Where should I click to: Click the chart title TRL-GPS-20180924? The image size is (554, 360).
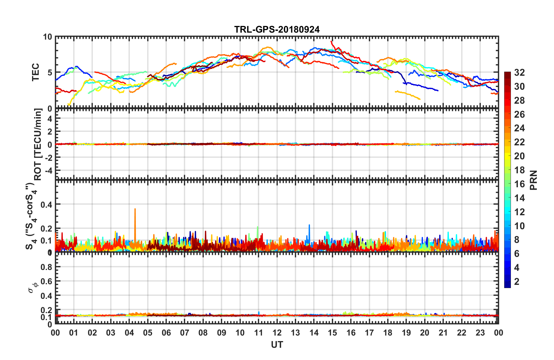277,29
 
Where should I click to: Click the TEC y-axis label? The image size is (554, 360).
36,72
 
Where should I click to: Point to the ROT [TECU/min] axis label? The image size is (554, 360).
38,144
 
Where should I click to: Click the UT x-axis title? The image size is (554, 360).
277,345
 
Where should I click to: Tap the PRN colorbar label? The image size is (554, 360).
534,180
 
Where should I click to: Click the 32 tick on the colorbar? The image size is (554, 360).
519,73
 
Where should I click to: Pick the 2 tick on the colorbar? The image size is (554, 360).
517,281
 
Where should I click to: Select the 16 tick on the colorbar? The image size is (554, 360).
519,184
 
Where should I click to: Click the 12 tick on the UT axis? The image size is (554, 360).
277,333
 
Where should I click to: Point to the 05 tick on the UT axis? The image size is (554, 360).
148,333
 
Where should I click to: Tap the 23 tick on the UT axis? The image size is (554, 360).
480,333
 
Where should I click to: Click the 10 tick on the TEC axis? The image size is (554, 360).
47,37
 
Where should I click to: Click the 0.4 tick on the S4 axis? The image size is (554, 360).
46,205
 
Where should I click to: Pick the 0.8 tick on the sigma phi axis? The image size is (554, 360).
46,267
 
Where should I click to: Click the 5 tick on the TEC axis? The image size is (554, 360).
50,73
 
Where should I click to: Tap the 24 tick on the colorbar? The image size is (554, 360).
519,128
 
